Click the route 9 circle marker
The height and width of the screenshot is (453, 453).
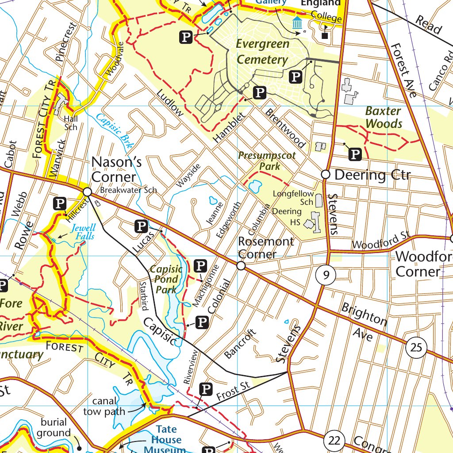coord(326,276)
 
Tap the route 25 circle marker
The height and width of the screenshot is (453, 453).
coord(416,347)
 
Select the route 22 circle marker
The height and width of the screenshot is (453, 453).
coord(334,441)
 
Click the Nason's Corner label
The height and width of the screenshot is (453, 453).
coord(116,169)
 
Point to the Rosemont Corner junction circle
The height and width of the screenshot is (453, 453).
coord(241,266)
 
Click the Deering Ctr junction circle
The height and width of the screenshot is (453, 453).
coord(326,174)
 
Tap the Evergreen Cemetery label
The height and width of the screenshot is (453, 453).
coord(262,52)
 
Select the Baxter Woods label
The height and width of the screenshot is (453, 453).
coord(384,117)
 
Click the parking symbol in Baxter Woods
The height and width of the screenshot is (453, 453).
coord(356,154)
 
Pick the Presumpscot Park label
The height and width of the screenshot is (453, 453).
coord(267,161)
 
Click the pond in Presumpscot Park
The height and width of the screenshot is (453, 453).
coord(255,186)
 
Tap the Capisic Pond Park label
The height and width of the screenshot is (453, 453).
coord(166,279)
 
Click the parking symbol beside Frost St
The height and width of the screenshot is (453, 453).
coord(206,389)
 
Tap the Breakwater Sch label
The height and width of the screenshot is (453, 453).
coord(128,190)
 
